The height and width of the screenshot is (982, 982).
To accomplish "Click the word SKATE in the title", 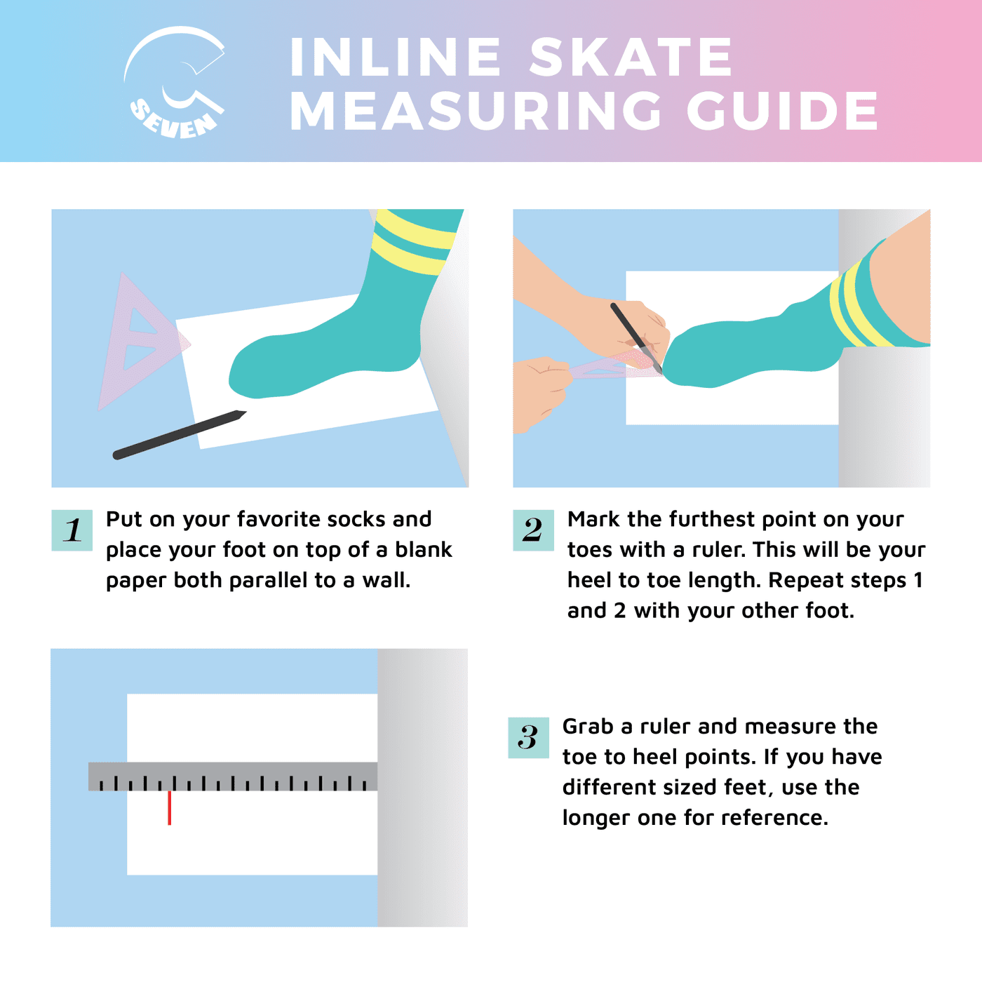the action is pos(631,57).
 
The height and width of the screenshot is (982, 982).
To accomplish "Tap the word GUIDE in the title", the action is pos(782,111).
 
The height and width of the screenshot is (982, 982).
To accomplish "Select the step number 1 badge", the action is pos(72,530).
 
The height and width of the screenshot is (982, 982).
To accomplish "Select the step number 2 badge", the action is pos(533,530).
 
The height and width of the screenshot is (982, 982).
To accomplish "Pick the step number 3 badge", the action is pos(528,737).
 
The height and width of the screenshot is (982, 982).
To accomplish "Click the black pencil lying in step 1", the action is pos(180,435).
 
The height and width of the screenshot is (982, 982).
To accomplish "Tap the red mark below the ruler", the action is pos(169,807).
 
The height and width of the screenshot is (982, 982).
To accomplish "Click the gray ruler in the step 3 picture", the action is pos(233,776).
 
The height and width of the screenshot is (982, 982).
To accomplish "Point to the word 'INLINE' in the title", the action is pos(396,57).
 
